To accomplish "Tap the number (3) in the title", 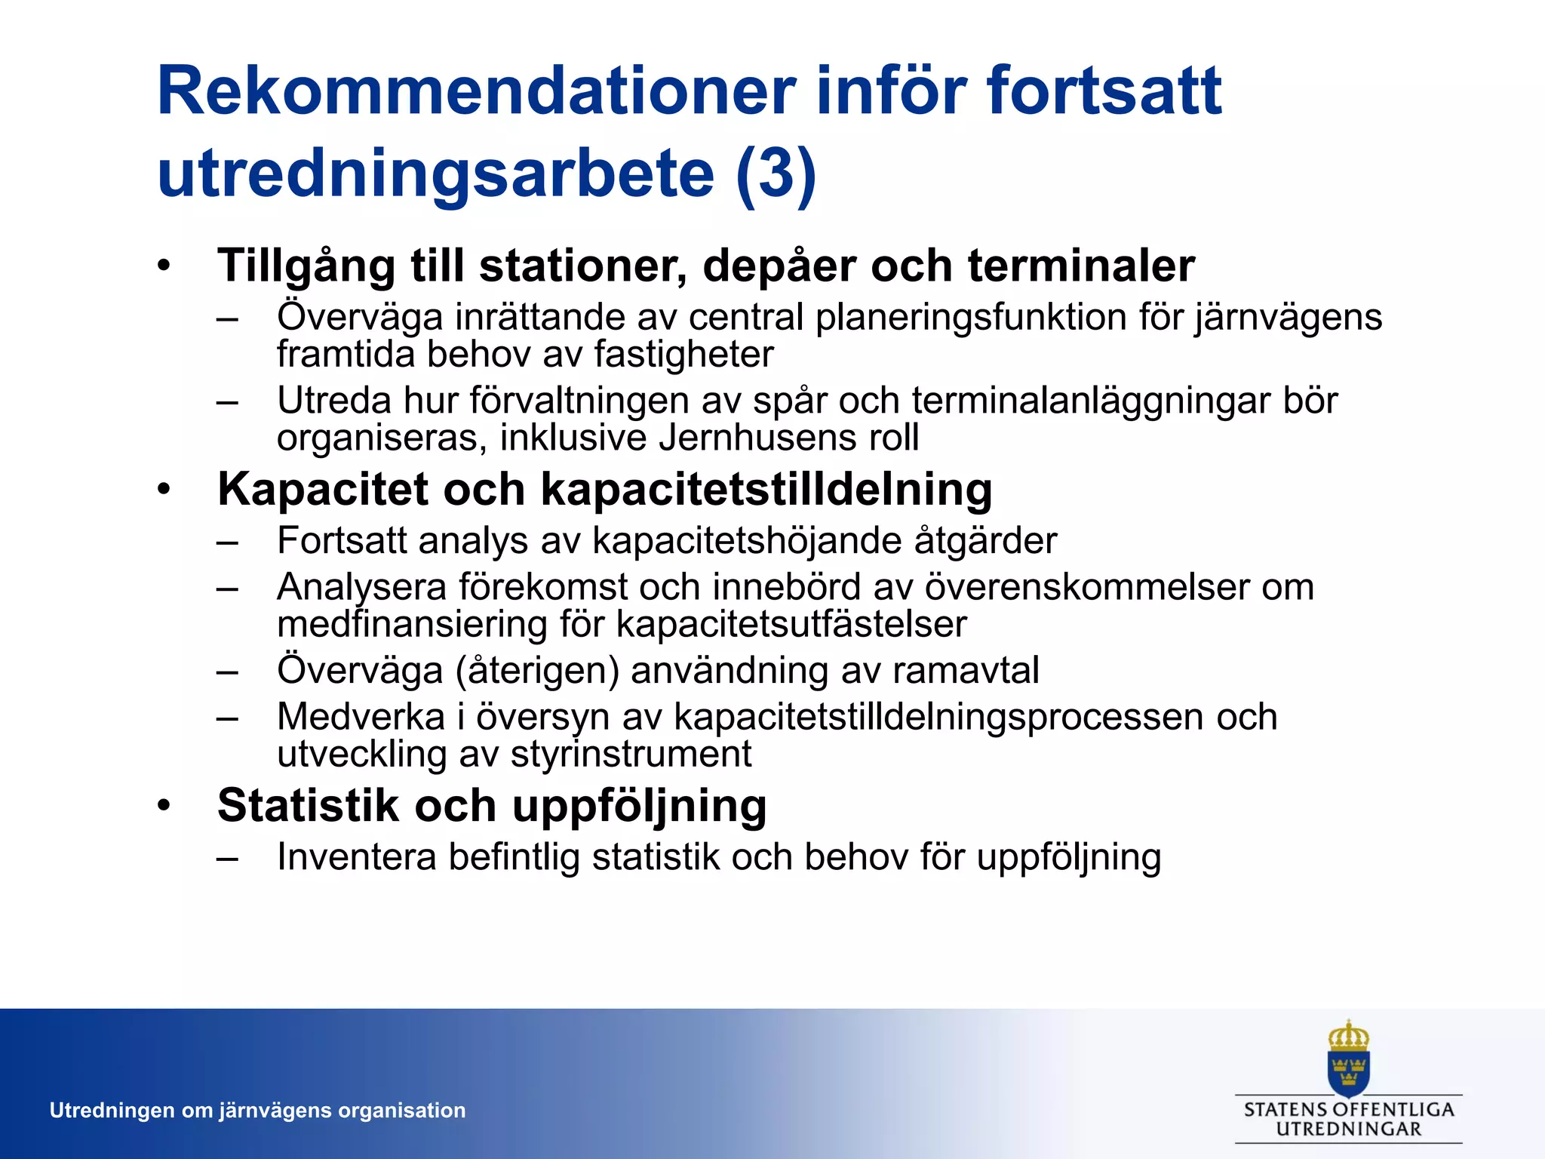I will [776, 174].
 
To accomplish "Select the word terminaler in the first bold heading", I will [1081, 266].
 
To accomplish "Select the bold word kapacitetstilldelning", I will [766, 490].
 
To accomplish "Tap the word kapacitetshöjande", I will [747, 541].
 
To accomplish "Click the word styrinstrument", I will [631, 754].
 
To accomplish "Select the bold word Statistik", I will [308, 805].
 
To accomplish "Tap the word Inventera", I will [356, 857].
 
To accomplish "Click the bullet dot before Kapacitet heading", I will [164, 490].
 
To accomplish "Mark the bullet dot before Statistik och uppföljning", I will [164, 805].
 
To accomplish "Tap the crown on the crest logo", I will [1348, 1037].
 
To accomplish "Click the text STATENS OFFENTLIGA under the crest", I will [1349, 1109].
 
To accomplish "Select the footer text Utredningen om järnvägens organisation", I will [257, 1110].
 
